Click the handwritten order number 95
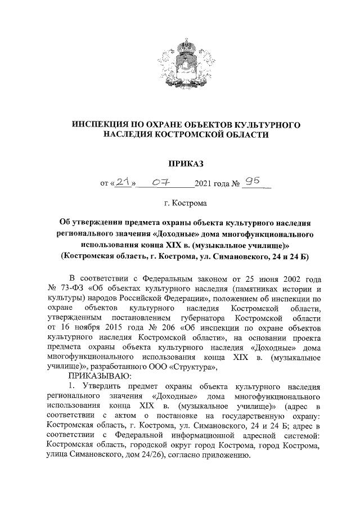252,181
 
